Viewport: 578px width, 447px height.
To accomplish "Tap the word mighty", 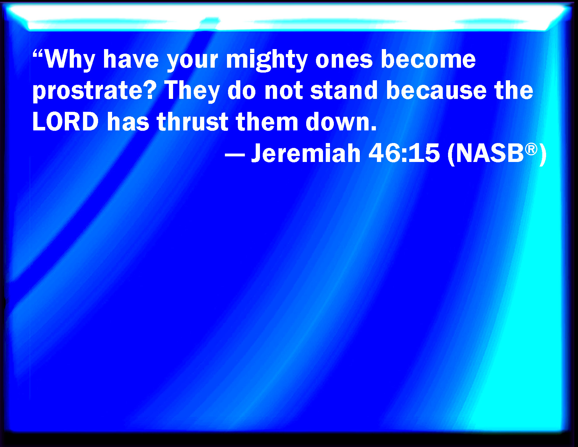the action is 267,60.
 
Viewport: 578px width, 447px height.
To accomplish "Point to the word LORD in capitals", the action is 66,122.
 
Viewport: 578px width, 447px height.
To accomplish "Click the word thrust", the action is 192,121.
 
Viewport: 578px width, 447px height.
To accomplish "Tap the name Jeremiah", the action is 305,153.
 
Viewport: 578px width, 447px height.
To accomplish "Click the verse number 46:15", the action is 404,153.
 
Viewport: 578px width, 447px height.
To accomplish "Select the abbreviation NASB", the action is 489,154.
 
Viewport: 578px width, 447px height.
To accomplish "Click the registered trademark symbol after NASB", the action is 531,149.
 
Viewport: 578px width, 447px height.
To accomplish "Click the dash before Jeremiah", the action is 235,156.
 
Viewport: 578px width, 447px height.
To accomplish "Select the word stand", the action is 344,90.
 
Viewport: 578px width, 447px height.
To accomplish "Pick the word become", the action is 428,59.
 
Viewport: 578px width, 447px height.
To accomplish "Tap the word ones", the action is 344,60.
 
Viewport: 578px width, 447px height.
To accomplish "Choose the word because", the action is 436,90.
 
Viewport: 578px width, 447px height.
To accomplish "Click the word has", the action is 128,121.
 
